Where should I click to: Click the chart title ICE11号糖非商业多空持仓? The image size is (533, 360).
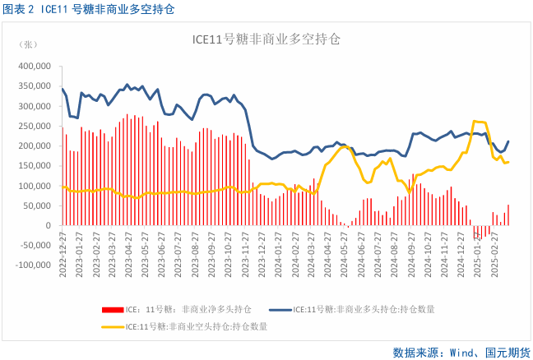[x=266, y=39]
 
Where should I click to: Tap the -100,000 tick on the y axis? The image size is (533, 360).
[x=34, y=265]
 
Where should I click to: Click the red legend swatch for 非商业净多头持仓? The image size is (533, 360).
[x=112, y=310]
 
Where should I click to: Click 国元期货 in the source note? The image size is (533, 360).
[x=503, y=351]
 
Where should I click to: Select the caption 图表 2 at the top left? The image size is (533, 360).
[x=20, y=9]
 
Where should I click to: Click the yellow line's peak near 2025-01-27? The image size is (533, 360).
[x=475, y=122]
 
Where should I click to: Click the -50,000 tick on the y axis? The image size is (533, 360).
[x=36, y=245]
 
